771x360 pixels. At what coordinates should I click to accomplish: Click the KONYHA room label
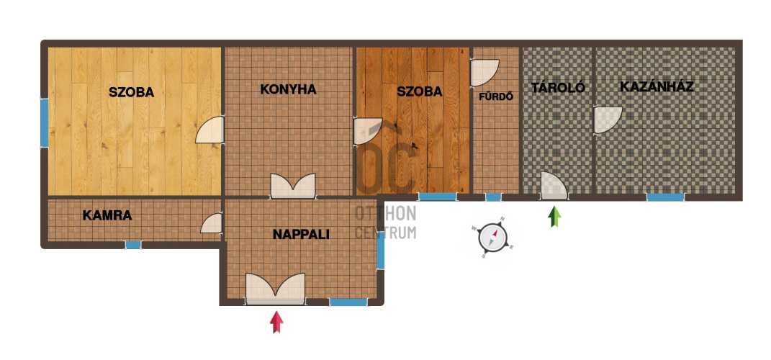(288, 89)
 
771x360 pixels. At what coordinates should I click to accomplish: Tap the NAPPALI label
(301, 235)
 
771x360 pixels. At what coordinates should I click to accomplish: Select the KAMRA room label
(107, 215)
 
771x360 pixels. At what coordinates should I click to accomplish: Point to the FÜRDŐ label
(496, 96)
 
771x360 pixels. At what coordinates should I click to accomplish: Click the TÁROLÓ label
(558, 88)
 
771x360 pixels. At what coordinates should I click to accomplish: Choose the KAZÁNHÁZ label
(657, 86)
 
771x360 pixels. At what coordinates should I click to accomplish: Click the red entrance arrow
(277, 322)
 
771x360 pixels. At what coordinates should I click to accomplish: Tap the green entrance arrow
(554, 217)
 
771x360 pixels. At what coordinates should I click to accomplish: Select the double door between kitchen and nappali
(293, 186)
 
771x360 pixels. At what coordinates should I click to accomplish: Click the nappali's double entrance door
(275, 289)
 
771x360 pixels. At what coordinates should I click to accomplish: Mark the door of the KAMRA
(212, 223)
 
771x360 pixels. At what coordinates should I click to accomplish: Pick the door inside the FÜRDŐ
(484, 73)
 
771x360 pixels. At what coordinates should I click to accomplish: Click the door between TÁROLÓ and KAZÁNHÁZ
(608, 120)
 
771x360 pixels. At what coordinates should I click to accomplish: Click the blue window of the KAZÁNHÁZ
(665, 197)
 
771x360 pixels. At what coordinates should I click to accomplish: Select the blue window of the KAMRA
(133, 244)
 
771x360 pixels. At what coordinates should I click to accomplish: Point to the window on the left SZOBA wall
(44, 123)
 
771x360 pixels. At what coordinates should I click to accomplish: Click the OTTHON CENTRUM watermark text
(386, 222)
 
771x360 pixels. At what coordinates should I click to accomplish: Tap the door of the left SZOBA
(210, 130)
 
